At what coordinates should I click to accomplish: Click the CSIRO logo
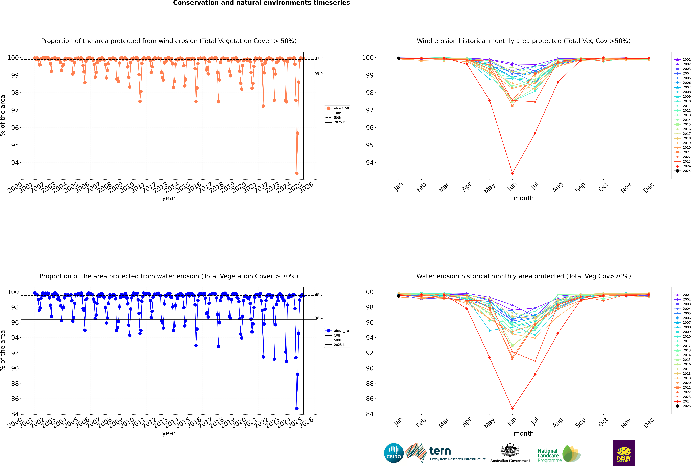pos(394,453)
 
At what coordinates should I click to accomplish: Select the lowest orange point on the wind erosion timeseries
pos(297,173)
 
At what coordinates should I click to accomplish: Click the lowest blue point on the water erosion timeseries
pos(297,408)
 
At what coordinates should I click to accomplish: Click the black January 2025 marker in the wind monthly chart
pos(399,58)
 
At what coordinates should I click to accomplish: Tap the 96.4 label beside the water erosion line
pos(319,318)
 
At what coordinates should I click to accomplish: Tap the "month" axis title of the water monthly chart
pos(524,433)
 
